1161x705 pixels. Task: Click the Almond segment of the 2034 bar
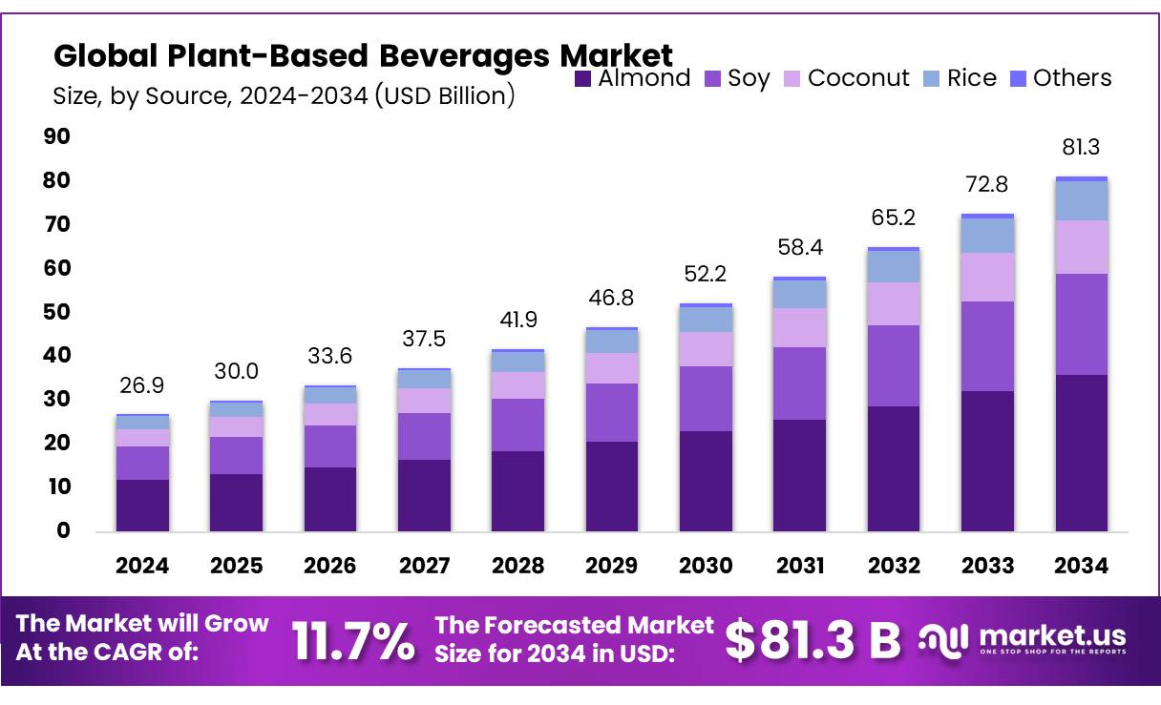pyautogui.click(x=1081, y=453)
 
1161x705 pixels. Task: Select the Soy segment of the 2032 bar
pyautogui.click(x=893, y=365)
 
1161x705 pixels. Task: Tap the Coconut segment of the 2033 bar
pyautogui.click(x=987, y=277)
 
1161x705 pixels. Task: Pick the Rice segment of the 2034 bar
pyautogui.click(x=1081, y=200)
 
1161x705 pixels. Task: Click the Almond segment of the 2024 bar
pyautogui.click(x=142, y=506)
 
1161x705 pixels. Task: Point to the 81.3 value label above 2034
pyautogui.click(x=1081, y=148)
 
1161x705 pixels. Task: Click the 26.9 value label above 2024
pyautogui.click(x=142, y=384)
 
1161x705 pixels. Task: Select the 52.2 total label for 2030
pyautogui.click(x=706, y=274)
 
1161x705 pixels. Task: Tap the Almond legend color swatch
pyautogui.click(x=583, y=79)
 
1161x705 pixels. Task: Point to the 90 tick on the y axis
pyautogui.click(x=57, y=137)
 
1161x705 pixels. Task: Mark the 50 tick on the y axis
pyautogui.click(x=57, y=312)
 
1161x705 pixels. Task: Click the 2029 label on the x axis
pyautogui.click(x=612, y=566)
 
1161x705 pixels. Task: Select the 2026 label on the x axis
pyautogui.click(x=329, y=566)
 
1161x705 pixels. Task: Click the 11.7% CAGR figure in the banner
pyautogui.click(x=353, y=641)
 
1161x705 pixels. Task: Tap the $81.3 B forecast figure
pyautogui.click(x=813, y=641)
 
